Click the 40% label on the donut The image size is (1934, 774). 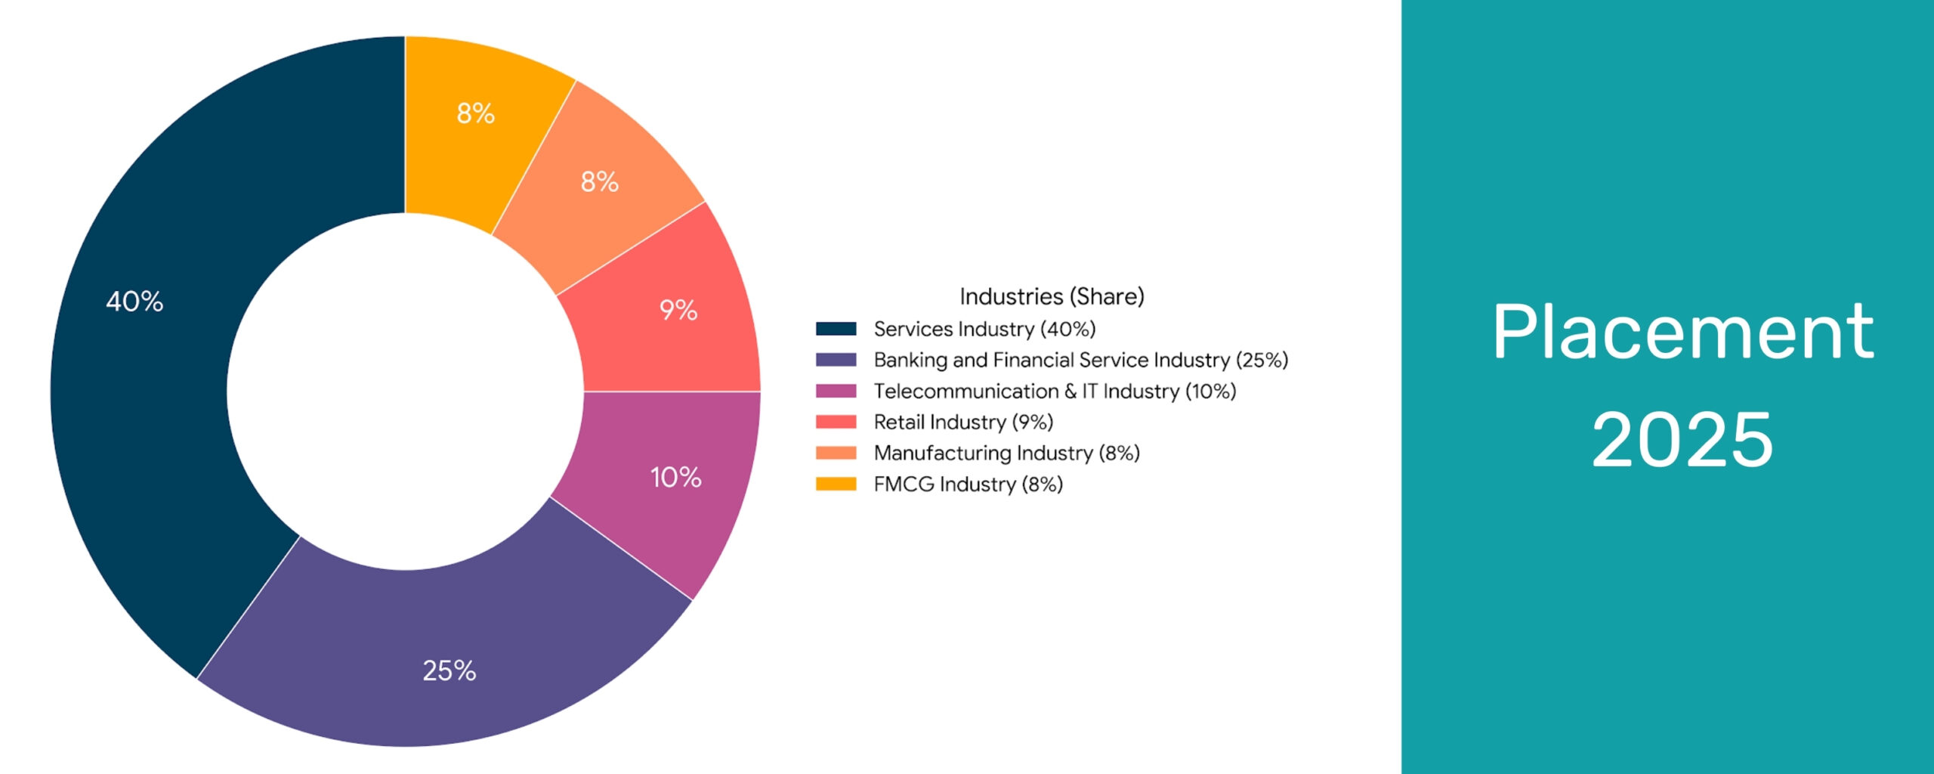coord(134,302)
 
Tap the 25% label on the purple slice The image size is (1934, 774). coord(450,670)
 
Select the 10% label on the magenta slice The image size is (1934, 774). coord(676,477)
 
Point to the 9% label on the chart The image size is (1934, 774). coord(678,310)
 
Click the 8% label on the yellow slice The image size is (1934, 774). coord(476,113)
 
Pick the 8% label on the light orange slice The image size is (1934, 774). coord(600,181)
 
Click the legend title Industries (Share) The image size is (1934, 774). coord(1052,296)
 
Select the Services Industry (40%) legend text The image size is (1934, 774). coord(984,329)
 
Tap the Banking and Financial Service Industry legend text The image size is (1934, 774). coord(1080,360)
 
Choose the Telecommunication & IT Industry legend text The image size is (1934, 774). coord(1055,391)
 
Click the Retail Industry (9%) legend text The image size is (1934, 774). coord(963,422)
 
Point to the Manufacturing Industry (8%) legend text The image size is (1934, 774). coord(1006,453)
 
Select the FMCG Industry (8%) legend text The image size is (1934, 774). coord(968,484)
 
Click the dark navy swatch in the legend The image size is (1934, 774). coord(836,329)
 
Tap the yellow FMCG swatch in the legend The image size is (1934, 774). coord(836,484)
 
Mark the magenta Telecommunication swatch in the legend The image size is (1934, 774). coord(836,391)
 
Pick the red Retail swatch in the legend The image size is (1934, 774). coord(836,422)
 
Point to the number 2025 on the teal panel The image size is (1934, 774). coord(1682,439)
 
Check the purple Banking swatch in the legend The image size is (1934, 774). coord(836,360)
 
